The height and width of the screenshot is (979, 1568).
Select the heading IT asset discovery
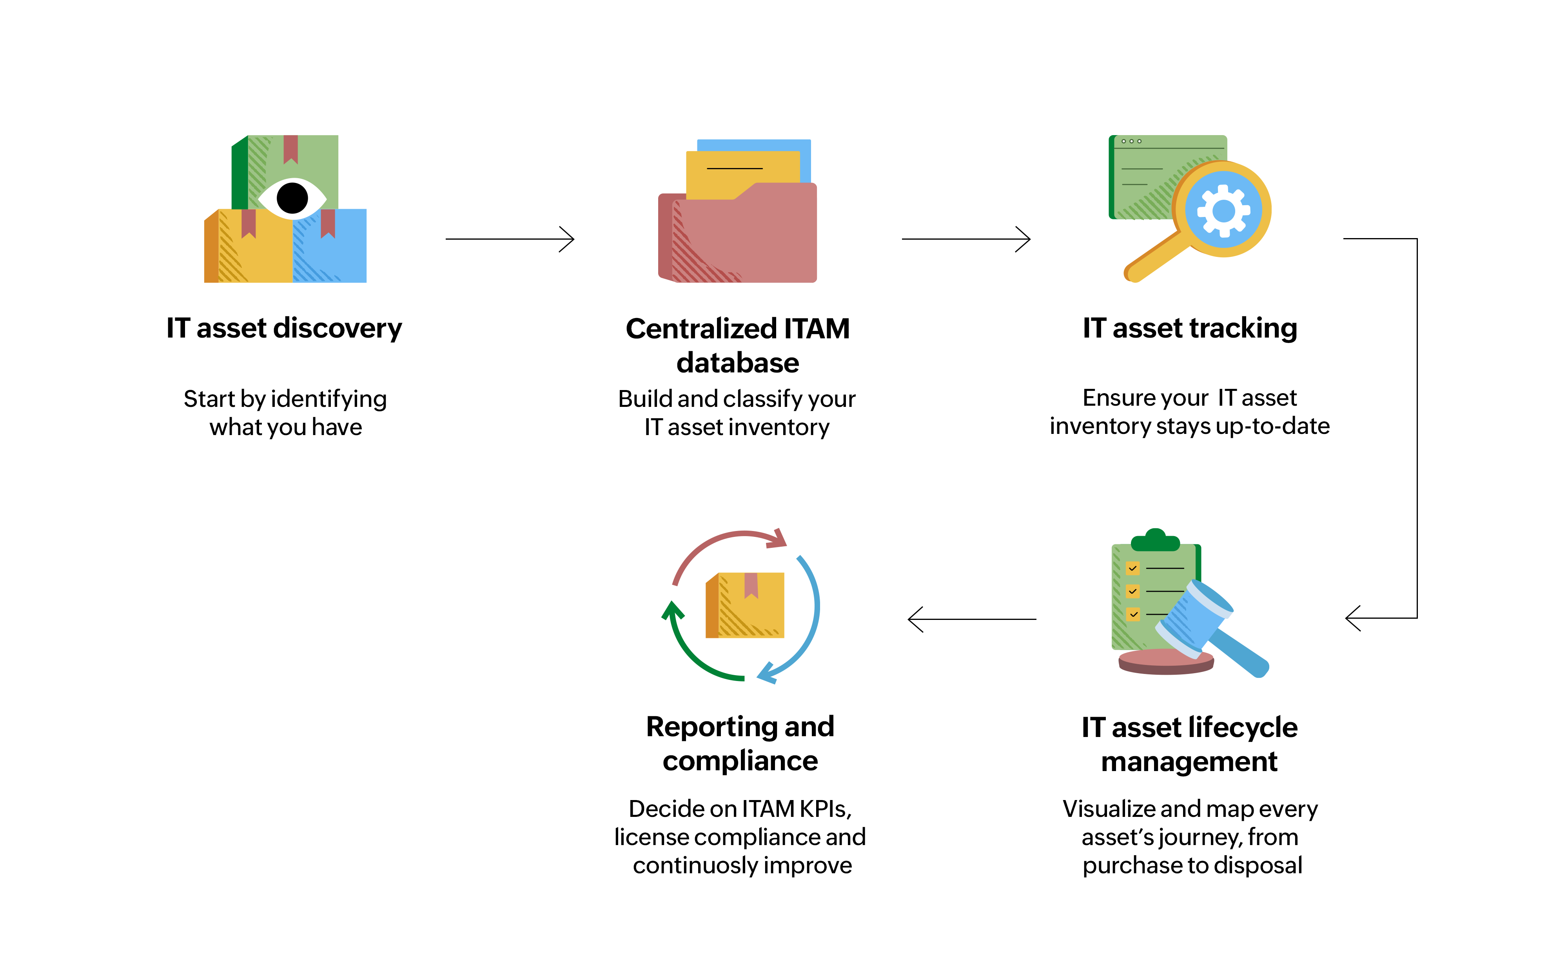(284, 328)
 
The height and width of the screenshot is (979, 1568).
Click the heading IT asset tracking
(1190, 328)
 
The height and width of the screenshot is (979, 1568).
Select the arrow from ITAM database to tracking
(965, 239)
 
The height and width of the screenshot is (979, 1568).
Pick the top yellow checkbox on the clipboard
(1132, 569)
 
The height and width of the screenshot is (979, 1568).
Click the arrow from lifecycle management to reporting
(972, 619)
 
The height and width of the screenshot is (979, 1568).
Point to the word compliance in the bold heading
(740, 761)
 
